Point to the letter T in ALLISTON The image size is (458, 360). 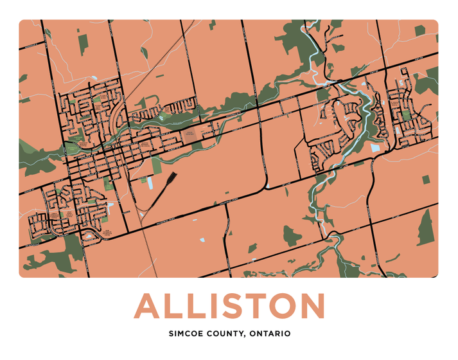click(254, 307)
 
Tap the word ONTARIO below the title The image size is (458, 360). click(269, 334)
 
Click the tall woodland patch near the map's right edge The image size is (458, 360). click(425, 228)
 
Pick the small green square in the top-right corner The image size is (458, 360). click(419, 30)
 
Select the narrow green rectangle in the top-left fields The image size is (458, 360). click(83, 43)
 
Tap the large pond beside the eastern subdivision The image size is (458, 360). click(375, 148)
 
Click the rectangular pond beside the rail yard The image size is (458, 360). click(150, 183)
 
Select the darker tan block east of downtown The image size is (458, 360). click(191, 136)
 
